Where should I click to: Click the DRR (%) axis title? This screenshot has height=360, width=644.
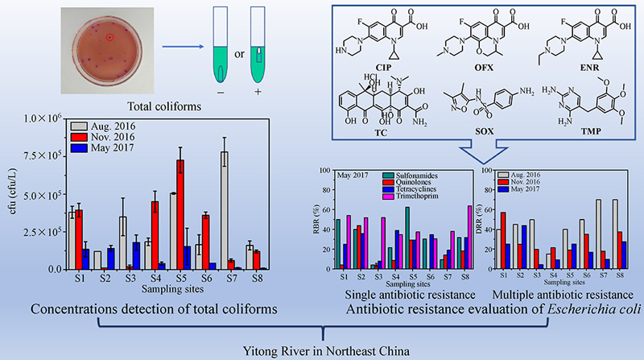coord(478,218)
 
